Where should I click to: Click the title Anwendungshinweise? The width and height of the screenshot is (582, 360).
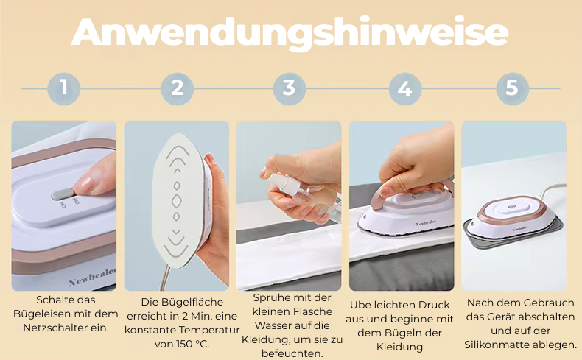point(290,32)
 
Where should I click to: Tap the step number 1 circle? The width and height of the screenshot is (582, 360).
point(64,88)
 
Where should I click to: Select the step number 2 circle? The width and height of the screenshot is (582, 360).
point(177,88)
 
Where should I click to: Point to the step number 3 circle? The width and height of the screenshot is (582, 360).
point(289,88)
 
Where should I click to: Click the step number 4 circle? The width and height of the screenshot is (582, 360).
point(405,88)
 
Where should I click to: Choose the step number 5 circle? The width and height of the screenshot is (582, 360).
point(512,88)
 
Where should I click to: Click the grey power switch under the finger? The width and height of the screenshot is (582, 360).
point(63,194)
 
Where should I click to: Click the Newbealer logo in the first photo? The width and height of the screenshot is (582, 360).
point(93,277)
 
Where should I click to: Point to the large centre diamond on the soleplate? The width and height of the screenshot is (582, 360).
point(176,201)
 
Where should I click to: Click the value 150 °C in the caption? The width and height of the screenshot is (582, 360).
point(192,344)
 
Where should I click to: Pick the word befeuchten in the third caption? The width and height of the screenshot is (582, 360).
point(292,353)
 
